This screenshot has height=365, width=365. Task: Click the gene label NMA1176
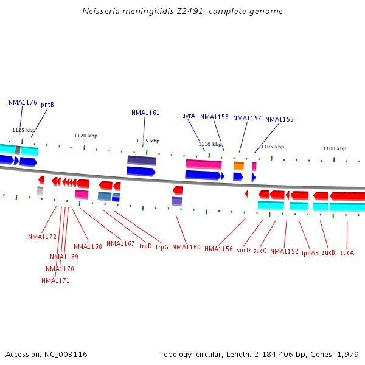(x=23, y=102)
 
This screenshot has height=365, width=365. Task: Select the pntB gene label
(x=47, y=105)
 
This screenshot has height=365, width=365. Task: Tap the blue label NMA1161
(x=145, y=113)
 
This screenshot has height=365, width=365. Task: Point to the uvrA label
(x=189, y=116)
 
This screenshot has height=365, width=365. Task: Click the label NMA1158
(x=214, y=117)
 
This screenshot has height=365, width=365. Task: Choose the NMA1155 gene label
(x=279, y=119)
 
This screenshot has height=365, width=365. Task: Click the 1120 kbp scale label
(x=86, y=136)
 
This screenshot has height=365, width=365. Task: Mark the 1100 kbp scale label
(x=335, y=148)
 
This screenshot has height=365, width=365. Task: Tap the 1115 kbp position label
(x=148, y=141)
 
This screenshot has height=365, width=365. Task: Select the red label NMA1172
(x=42, y=237)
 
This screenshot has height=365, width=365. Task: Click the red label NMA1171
(x=55, y=280)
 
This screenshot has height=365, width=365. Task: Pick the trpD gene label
(x=145, y=246)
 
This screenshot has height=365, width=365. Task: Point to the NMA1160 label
(x=186, y=247)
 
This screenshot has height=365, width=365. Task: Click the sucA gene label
(x=347, y=252)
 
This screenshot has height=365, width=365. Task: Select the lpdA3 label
(x=310, y=252)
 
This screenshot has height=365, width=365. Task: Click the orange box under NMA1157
(x=238, y=165)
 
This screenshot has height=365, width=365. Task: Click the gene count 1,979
(x=347, y=354)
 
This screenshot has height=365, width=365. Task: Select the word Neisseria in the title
(x=100, y=11)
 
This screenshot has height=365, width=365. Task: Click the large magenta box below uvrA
(x=204, y=164)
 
